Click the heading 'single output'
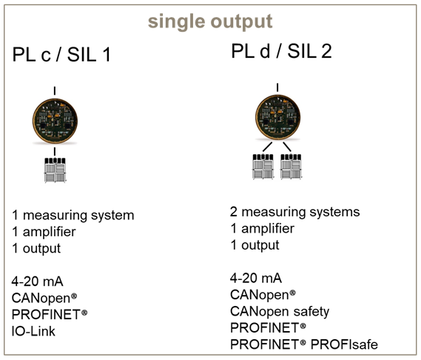[210, 22]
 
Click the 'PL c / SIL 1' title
[61, 55]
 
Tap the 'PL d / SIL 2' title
[281, 51]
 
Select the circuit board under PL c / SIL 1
[55, 121]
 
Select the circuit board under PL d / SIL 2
[277, 118]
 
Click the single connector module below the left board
[55, 170]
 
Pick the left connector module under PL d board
[263, 167]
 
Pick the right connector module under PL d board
[291, 167]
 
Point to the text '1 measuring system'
[73, 216]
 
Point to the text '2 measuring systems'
[294, 212]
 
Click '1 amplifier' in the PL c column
[44, 232]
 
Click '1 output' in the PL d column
[255, 245]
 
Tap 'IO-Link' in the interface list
[33, 331]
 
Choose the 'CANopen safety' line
[280, 312]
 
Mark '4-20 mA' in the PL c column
[37, 281]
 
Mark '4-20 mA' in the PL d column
[256, 278]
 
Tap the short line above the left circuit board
[55, 91]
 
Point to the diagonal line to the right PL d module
[287, 147]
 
